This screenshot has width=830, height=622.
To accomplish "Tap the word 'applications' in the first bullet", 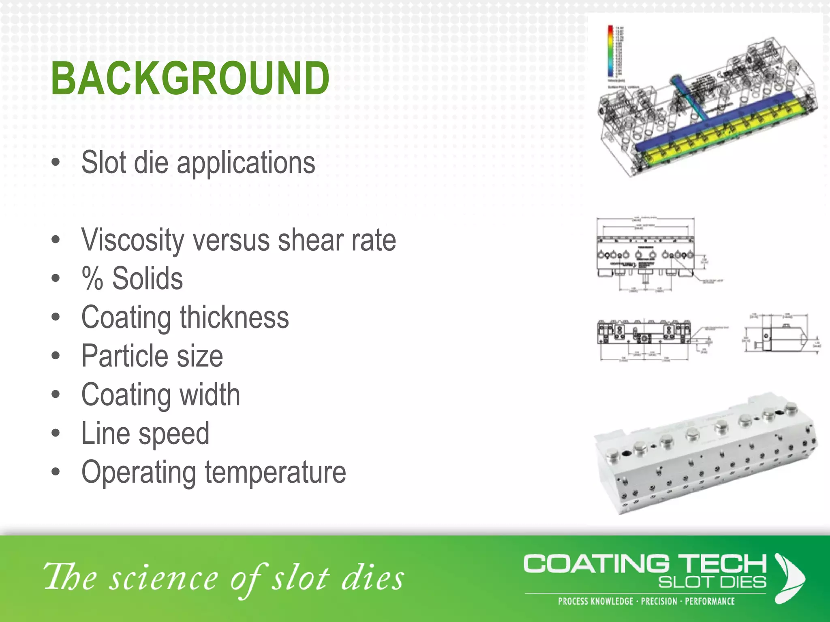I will [246, 163].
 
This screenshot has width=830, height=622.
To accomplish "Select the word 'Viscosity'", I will [133, 240].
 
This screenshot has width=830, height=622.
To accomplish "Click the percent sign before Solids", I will [92, 278].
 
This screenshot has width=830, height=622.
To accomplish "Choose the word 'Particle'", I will [124, 356].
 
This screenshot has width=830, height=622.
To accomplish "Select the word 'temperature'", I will [275, 472].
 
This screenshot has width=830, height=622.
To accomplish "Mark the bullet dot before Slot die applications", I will [56, 163].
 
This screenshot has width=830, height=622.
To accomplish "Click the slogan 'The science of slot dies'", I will [224, 578].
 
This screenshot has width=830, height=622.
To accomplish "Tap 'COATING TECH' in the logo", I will [645, 564].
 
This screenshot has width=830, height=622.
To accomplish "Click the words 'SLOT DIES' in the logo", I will [712, 582].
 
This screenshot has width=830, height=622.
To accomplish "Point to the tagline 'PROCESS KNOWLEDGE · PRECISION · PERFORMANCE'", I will [646, 601].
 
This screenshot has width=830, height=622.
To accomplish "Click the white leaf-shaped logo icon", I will [789, 578].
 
